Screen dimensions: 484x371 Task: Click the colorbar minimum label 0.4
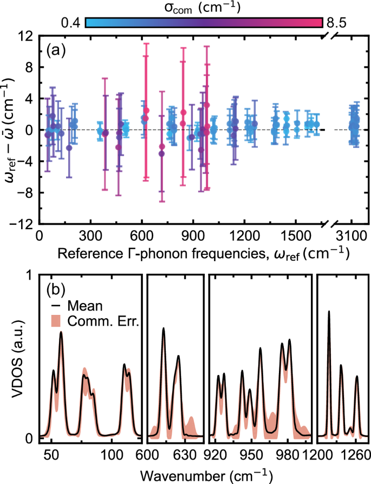coord(70,23)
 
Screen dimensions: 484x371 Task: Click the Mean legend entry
coord(81,305)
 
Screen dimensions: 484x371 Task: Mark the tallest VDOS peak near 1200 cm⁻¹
coord(329,312)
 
